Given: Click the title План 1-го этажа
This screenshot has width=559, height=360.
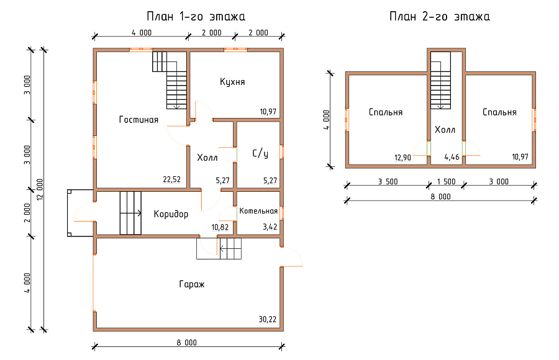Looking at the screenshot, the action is coord(196,16).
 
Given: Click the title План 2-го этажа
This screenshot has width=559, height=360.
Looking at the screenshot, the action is coord(440,16).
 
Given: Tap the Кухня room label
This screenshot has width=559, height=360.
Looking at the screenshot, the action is coord(232,82).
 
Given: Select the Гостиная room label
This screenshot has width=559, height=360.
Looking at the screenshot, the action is coord(139,119).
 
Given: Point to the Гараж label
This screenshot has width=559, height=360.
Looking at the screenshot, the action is coord(192,284).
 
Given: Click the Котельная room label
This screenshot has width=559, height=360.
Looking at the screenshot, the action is coord(258,211).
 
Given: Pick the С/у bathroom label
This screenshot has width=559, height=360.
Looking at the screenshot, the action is coord(260,153).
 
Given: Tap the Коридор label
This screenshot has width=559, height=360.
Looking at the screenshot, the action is coord(171,214).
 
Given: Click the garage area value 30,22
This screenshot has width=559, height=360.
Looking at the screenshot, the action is coord(267,320).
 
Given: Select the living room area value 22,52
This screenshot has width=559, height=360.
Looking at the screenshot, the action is coord(172,179).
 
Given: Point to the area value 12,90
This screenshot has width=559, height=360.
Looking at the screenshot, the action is coord(402,158).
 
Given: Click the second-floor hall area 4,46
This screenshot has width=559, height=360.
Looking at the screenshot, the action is coord(452,157).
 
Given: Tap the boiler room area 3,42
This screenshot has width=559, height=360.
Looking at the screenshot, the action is coord(270,227).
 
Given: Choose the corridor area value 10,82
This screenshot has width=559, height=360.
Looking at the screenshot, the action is coord(220,227).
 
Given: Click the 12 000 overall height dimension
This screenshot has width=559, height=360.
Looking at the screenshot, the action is coord(40,189).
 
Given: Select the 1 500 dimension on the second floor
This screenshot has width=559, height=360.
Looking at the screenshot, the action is coord(447,181).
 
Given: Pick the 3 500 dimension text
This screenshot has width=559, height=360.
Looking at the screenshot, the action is coord(388,181).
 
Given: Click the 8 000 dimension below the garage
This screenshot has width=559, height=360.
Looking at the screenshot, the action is coord(186,343).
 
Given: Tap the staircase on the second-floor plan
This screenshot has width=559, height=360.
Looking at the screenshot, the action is coord(440,80).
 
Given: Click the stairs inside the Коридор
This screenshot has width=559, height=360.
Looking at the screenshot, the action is coord(130,213).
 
